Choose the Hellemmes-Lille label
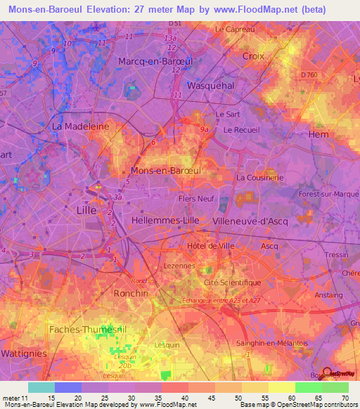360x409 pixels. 165,220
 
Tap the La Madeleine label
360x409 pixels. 81,126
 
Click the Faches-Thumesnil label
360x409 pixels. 82,329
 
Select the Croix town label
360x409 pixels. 252,56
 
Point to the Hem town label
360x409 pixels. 319,134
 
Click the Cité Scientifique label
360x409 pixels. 231,282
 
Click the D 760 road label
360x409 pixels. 309,75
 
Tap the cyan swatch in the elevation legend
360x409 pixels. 41,387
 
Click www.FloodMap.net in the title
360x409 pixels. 259,10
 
